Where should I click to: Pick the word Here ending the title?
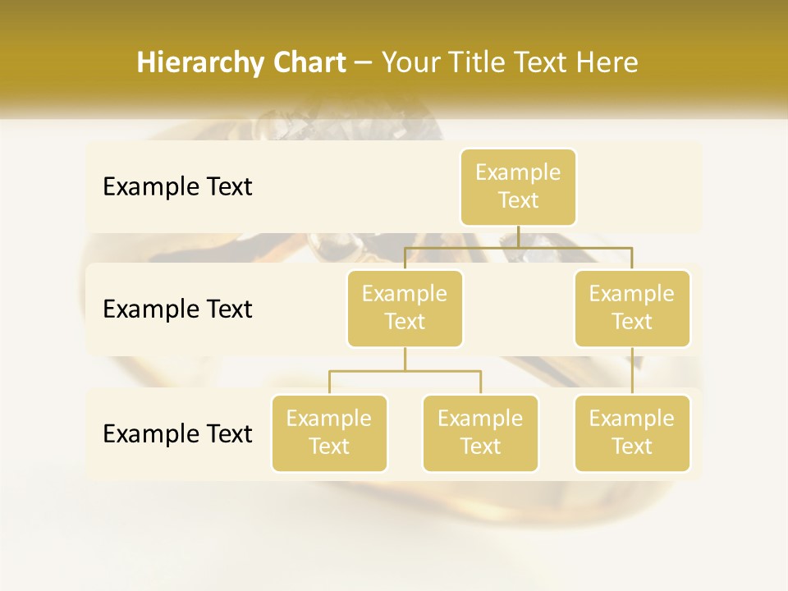pos(607,62)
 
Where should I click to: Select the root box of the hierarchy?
pos(518,186)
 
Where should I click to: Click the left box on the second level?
pos(405,308)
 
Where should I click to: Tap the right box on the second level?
pos(632,308)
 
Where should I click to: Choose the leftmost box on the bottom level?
pos(329,433)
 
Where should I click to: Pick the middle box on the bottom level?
pos(480,433)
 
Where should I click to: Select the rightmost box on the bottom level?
pos(632,433)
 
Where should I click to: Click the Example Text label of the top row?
pos(177,187)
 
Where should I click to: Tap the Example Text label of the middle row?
pos(177,309)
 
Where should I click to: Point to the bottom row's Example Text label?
pos(177,433)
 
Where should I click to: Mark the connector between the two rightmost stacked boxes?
pos(632,371)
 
